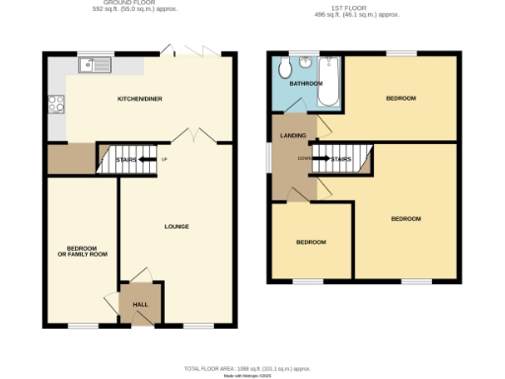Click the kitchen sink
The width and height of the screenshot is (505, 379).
(97, 67)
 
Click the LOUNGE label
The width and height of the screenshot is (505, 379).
(177, 227)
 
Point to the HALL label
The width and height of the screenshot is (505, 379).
(140, 304)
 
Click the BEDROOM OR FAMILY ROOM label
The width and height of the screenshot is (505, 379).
(80, 251)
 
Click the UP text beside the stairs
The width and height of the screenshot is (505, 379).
(165, 158)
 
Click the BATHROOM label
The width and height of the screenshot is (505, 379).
(305, 84)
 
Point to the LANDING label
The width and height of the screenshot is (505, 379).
(293, 135)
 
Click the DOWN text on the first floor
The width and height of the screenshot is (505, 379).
(306, 158)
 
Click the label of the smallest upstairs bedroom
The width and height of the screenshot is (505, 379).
(312, 242)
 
